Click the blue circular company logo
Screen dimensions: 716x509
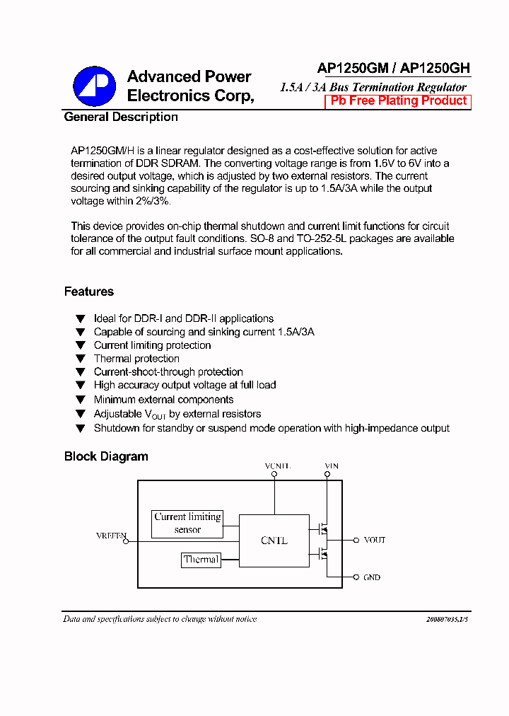tap(94, 86)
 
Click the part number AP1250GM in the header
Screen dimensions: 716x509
tap(353, 69)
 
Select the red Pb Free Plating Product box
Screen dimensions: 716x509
tap(398, 101)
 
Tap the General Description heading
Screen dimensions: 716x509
tap(121, 117)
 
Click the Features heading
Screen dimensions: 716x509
tap(89, 291)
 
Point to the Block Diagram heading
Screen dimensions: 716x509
tap(106, 456)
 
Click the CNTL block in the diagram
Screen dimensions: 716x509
tap(274, 540)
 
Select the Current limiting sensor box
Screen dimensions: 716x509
tap(187, 523)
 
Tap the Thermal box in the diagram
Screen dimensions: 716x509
tap(201, 560)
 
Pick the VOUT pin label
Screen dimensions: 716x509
tap(374, 540)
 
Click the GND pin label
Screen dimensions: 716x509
tap(372, 577)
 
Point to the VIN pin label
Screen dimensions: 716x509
tap(331, 466)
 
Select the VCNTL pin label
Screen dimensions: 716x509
tap(277, 466)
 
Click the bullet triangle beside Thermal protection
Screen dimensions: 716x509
tap(80, 359)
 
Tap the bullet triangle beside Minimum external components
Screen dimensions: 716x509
tap(80, 400)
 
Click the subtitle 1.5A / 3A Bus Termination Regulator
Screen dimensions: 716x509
tap(373, 87)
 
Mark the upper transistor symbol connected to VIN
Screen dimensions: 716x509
tap(324, 528)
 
